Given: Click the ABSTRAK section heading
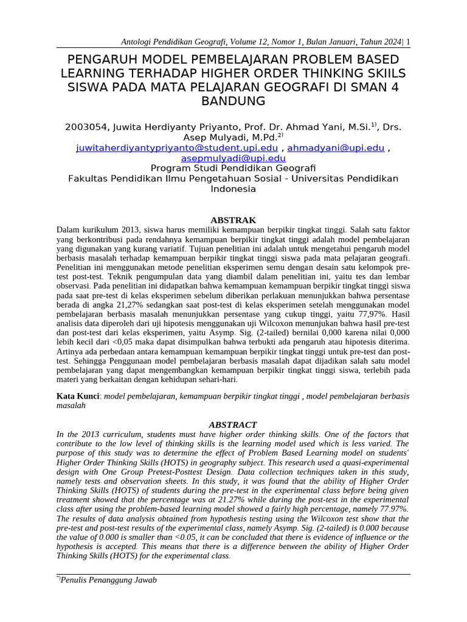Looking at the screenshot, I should [233, 220].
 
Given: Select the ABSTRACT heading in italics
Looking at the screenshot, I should [233, 425].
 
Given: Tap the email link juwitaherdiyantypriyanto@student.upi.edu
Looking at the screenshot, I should [177, 148].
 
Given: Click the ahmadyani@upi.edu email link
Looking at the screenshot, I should [336, 148].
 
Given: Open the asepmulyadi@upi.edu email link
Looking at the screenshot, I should [233, 158].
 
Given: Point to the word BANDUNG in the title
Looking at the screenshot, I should [233, 101].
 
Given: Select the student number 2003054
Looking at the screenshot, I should [86, 128].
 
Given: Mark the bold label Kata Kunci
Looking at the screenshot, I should [78, 396].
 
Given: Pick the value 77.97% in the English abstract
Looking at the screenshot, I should [389, 508].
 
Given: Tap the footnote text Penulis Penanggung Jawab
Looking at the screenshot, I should [108, 580].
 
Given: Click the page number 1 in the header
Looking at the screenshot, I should [408, 42].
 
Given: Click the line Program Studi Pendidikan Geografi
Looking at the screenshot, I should [233, 168].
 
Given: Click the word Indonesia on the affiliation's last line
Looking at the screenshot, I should [233, 189].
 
